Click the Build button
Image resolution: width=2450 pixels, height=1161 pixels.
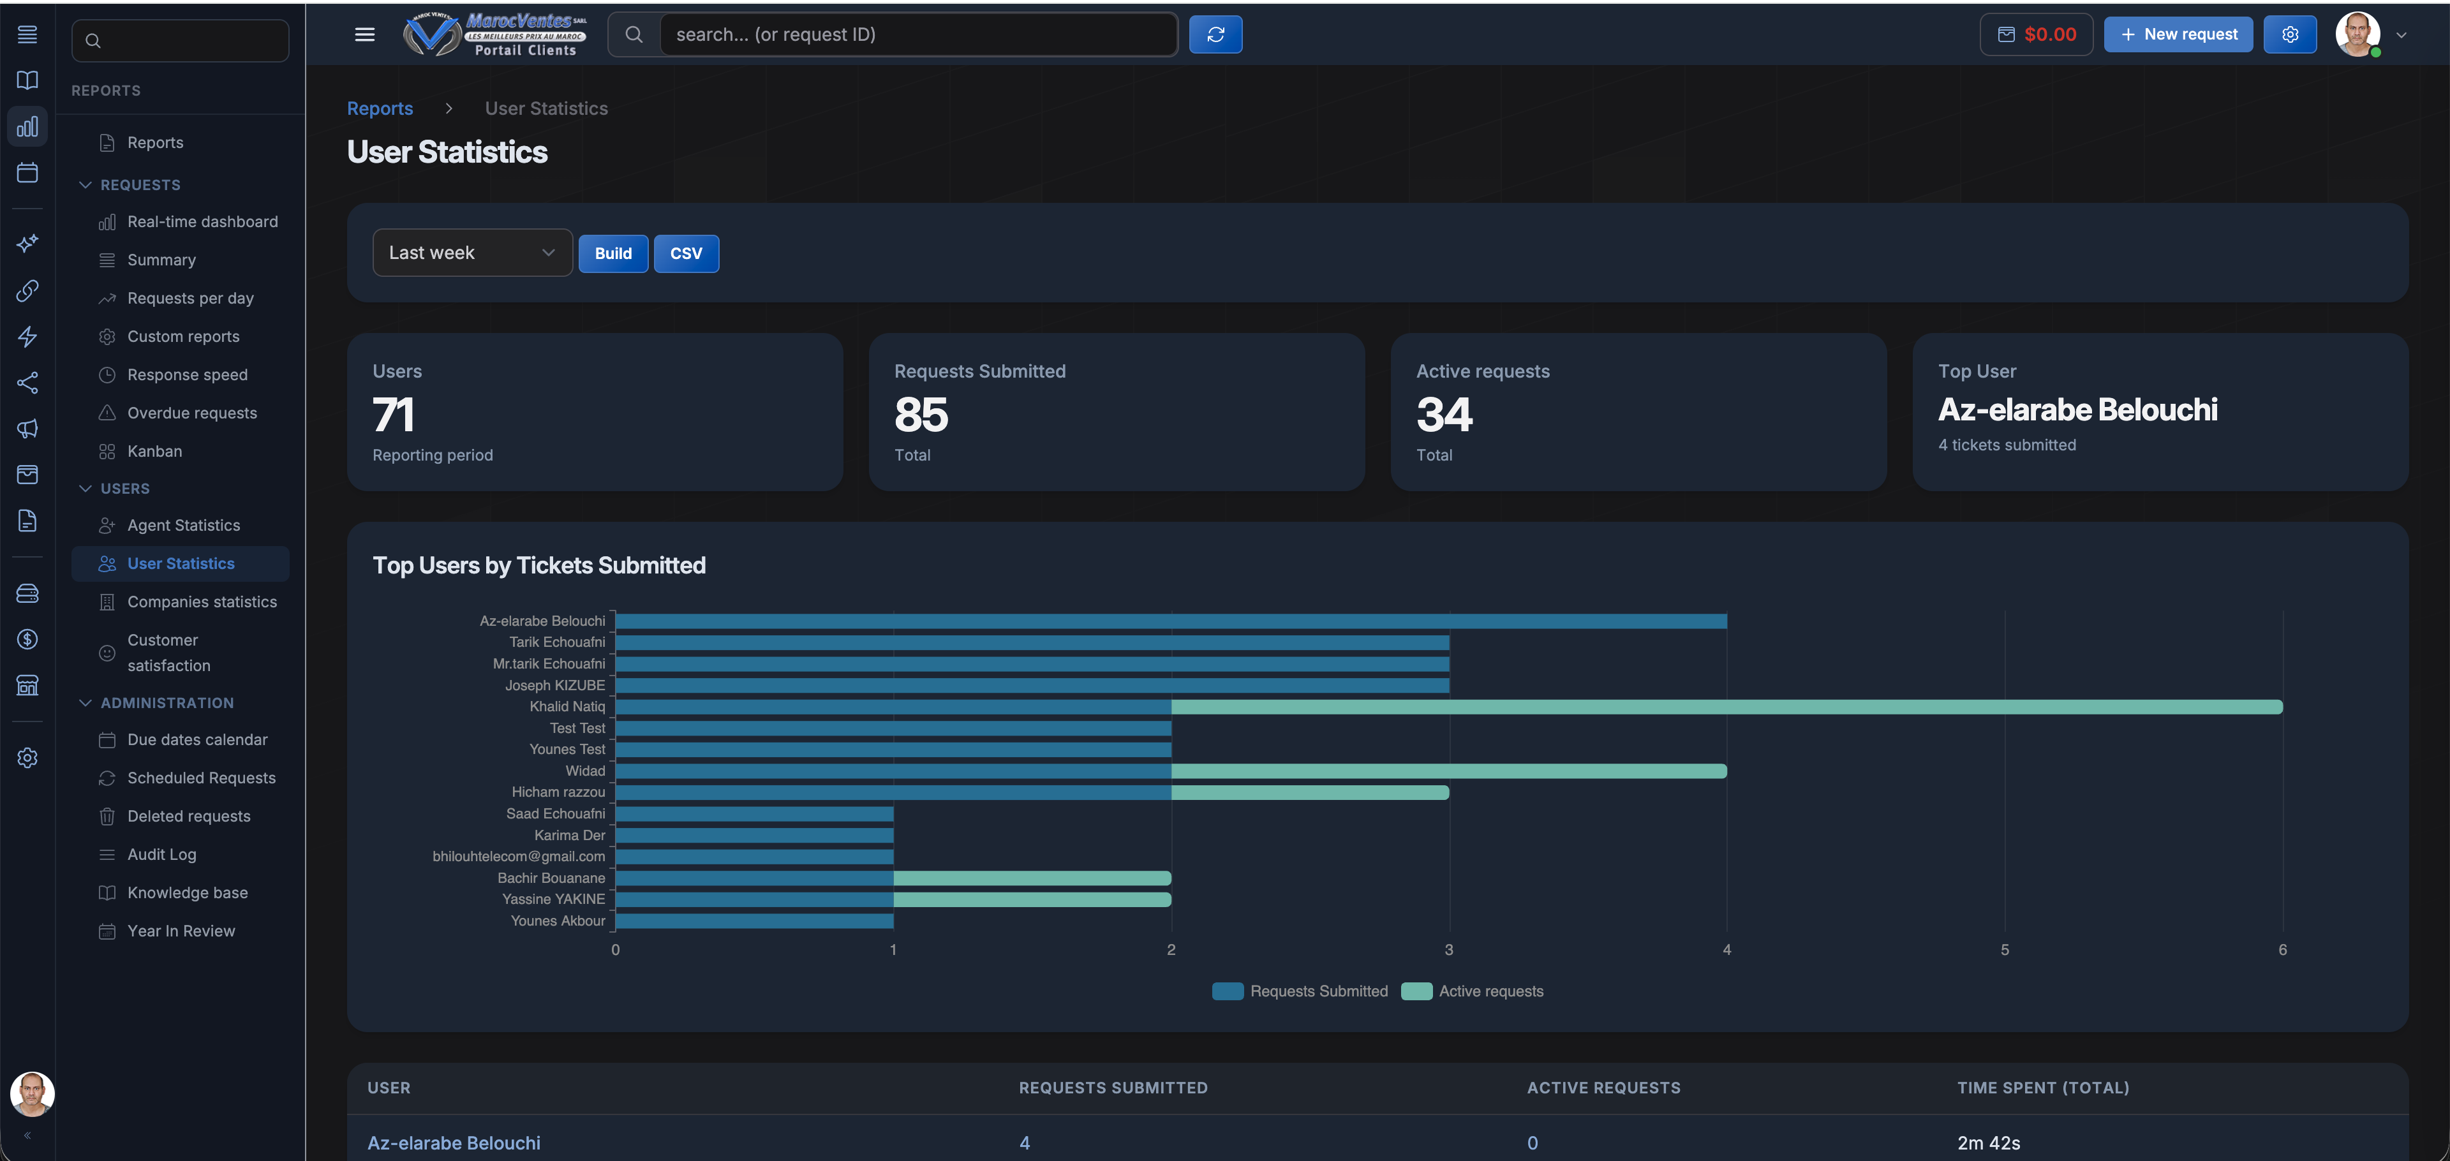612,253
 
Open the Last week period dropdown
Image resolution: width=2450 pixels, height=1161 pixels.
471,253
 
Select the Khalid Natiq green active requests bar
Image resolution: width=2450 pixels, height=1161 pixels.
1726,707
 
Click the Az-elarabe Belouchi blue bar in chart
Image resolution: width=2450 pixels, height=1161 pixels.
1170,621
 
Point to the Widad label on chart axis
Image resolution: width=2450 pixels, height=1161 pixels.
585,770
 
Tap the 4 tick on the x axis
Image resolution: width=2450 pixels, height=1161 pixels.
1726,949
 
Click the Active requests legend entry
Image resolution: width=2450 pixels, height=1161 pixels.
1473,991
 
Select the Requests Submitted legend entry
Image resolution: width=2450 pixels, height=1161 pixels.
1300,991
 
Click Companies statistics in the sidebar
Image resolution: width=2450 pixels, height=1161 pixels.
202,602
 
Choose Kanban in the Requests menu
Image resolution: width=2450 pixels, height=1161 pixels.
154,451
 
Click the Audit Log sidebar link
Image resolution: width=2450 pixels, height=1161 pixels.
161,854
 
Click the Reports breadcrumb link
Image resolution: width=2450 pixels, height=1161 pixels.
380,108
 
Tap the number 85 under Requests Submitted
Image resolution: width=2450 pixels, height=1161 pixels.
921,415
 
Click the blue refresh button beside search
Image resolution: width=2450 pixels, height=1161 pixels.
1215,34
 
